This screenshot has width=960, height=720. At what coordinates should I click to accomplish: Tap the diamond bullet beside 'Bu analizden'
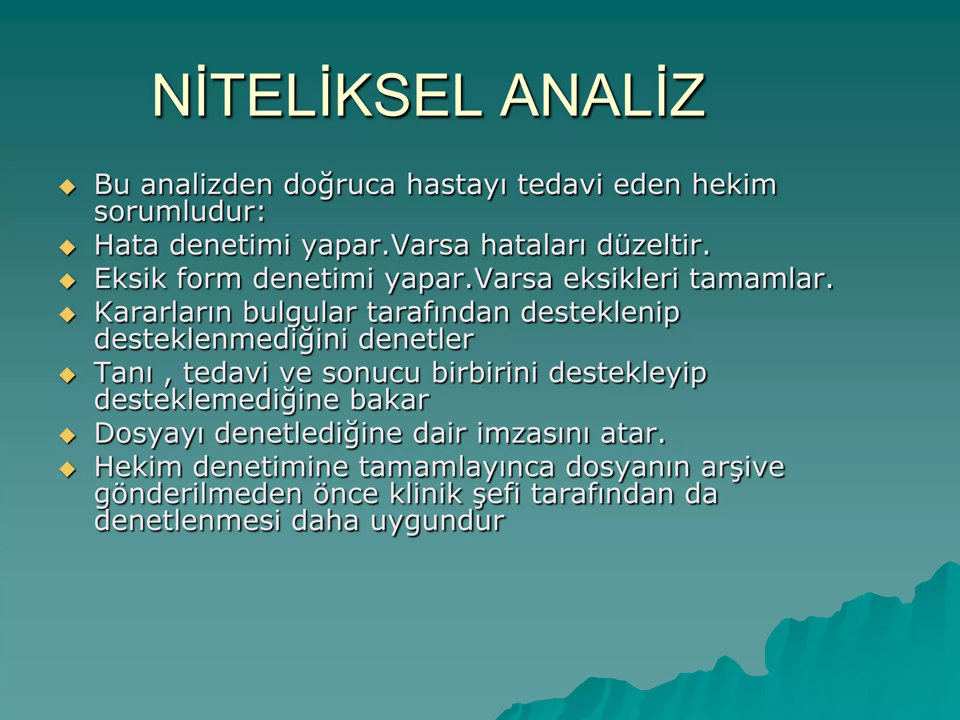tap(68, 187)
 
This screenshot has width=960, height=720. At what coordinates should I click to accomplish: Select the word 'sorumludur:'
tap(180, 212)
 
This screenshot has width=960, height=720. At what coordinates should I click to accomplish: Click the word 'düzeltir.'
tap(653, 245)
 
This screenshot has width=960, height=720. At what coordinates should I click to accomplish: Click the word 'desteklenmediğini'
tap(221, 339)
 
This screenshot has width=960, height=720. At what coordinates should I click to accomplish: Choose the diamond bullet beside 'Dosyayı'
tap(68, 436)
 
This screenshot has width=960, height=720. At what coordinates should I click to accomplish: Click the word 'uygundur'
tap(438, 521)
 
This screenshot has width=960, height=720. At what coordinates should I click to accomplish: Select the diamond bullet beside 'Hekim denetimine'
tap(68, 469)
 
